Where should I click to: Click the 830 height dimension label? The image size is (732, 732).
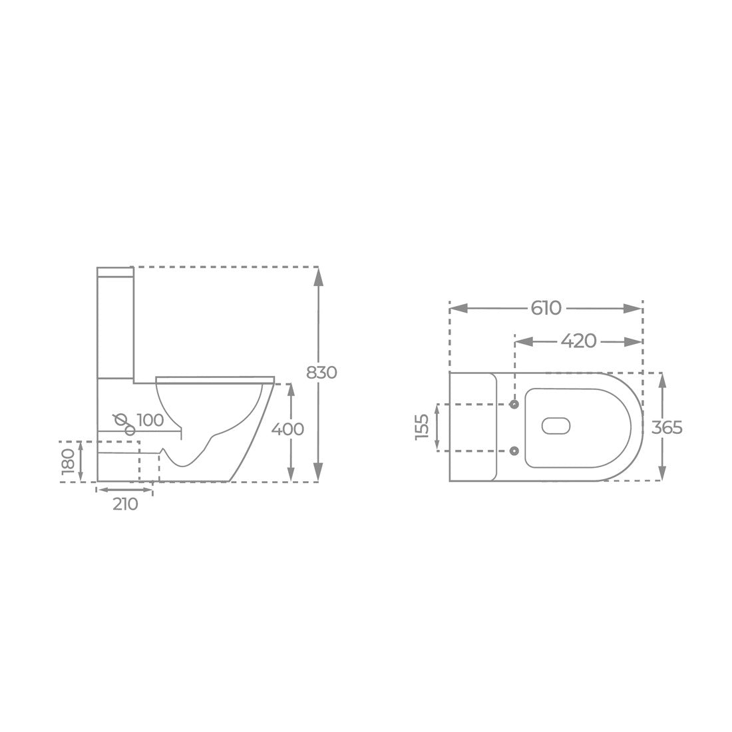click(x=321, y=373)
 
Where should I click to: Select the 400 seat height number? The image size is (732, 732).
click(x=287, y=429)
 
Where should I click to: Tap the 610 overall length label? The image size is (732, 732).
click(x=546, y=308)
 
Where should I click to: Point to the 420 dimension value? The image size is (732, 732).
click(x=579, y=341)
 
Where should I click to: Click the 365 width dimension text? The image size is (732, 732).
click(x=667, y=427)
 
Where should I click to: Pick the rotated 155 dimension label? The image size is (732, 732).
click(x=421, y=426)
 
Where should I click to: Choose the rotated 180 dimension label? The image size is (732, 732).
click(x=68, y=460)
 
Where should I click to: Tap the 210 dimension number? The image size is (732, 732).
click(x=125, y=504)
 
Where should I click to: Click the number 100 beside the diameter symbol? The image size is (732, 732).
click(x=150, y=420)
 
